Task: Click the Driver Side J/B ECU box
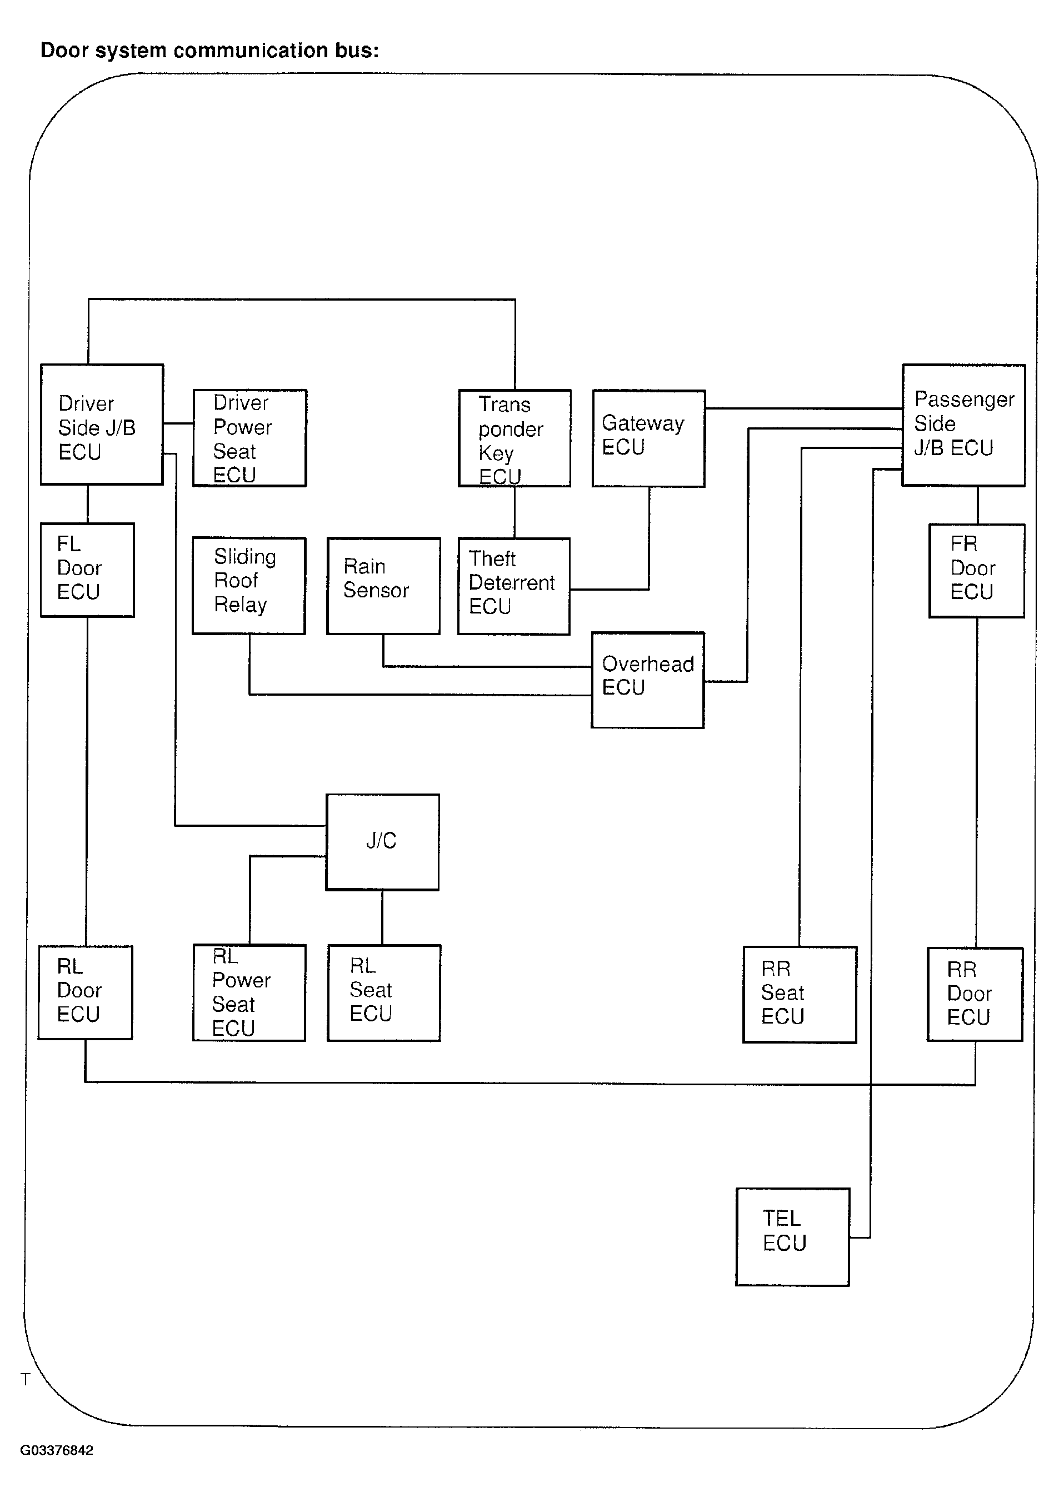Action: click(102, 425)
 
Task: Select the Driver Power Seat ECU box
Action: click(250, 438)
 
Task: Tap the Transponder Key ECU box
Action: click(514, 438)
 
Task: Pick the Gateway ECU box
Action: click(649, 438)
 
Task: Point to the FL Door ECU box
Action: click(87, 570)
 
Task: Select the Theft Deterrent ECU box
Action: click(514, 586)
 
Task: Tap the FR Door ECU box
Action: click(977, 571)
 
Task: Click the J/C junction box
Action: click(383, 842)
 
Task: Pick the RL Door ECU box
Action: click(86, 992)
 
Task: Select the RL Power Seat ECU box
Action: click(249, 993)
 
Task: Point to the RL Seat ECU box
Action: click(384, 993)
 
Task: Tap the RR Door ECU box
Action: click(976, 994)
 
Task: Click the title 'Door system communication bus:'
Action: click(210, 50)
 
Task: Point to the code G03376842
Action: click(57, 1450)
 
